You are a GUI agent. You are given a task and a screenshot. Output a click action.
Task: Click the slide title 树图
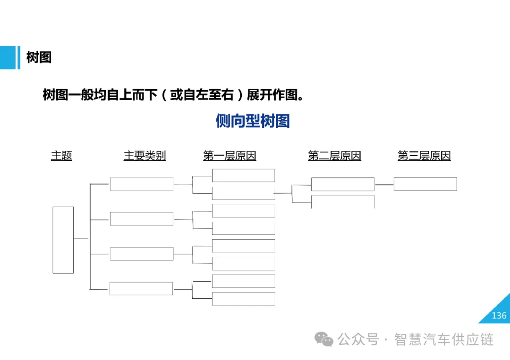coord(39,58)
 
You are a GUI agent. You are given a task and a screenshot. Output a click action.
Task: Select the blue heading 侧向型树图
coord(253,121)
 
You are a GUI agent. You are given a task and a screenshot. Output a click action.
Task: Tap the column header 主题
coord(61,156)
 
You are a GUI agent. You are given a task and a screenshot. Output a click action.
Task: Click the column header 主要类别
coord(144,156)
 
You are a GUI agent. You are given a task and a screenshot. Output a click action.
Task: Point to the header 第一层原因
coord(229,156)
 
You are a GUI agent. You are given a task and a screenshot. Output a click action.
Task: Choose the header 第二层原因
coord(334,156)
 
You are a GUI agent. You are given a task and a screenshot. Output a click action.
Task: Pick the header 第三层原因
coord(424,156)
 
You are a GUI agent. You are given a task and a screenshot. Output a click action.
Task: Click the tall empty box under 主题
coord(63,240)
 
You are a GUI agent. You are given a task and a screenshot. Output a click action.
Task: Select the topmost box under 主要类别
coord(141,184)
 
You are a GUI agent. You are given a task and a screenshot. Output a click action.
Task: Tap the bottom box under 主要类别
coord(141,288)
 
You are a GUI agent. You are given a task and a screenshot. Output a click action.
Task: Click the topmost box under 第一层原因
coord(243,175)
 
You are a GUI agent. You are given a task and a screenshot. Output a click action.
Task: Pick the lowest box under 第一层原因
coord(243,299)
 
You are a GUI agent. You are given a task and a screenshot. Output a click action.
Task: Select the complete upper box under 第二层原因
coord(342,184)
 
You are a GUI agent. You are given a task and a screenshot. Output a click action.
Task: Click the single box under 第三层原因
coord(425,184)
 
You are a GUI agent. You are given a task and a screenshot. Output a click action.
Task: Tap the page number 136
coord(499,316)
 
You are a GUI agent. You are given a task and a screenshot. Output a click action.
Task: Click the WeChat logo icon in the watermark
coord(324,339)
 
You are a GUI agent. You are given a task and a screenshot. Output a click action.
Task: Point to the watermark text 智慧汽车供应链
coord(444,339)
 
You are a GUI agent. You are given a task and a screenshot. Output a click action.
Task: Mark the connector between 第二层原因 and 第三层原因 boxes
coord(384,184)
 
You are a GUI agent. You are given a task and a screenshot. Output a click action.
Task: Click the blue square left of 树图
coord(8,58)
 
